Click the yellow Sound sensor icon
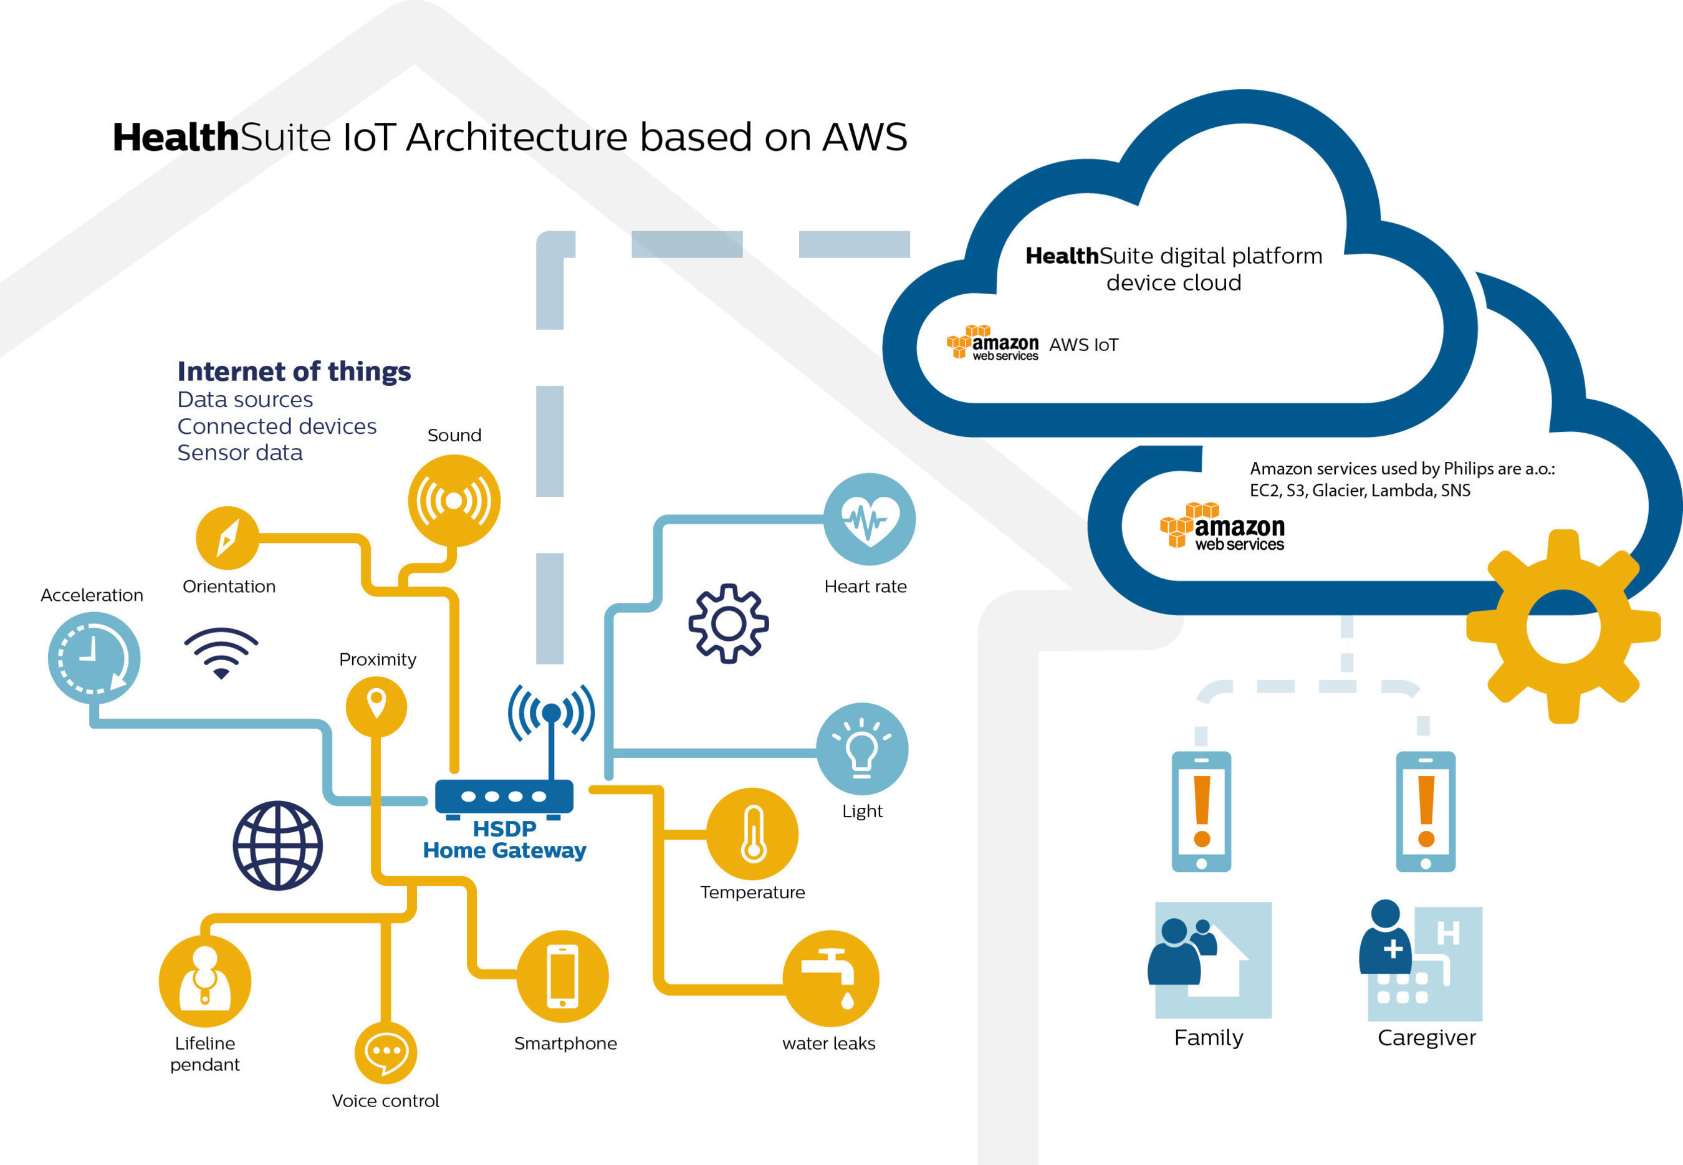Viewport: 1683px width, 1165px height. click(454, 501)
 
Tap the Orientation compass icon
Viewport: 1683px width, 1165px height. click(227, 538)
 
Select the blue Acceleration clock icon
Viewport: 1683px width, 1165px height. click(93, 658)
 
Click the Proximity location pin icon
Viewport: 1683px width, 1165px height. click(376, 706)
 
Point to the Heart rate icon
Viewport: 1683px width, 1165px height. click(868, 519)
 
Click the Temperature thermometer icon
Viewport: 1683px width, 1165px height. click(752, 833)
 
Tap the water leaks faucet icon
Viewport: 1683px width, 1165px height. click(830, 978)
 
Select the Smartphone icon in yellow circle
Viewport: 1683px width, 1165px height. click(562, 976)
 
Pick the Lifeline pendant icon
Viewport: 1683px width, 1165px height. click(205, 982)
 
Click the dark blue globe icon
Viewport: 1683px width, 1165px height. click(277, 845)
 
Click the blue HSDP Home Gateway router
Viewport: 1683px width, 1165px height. click(504, 797)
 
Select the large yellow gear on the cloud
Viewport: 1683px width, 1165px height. click(1563, 626)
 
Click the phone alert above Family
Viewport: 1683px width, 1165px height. click(1201, 811)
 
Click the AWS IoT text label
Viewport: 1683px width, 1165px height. click(1083, 345)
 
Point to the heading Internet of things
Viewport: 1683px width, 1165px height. click(294, 371)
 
